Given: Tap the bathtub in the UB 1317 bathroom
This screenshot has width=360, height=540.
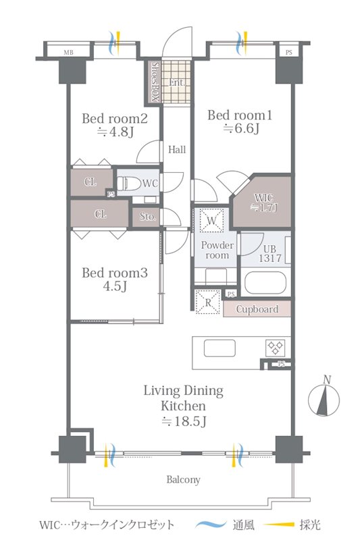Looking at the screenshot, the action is click(x=265, y=283).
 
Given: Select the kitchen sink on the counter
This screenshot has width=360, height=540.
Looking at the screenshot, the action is click(x=220, y=348).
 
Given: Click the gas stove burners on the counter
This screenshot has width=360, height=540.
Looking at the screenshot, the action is click(x=275, y=348).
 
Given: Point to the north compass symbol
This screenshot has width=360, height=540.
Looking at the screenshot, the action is click(x=324, y=400).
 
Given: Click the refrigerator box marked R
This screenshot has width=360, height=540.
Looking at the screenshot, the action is click(x=208, y=302).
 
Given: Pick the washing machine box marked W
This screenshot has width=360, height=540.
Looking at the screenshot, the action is click(x=211, y=221).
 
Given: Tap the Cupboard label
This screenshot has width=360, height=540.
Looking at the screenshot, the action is click(x=257, y=309).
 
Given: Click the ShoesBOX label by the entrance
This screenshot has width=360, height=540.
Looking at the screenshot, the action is click(x=155, y=82).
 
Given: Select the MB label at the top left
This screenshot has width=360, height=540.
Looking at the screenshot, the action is click(x=68, y=53).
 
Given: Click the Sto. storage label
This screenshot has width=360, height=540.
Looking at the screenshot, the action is click(x=147, y=217).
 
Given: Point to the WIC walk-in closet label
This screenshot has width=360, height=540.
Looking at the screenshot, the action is click(x=264, y=198).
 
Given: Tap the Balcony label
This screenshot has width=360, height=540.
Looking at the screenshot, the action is click(x=183, y=479).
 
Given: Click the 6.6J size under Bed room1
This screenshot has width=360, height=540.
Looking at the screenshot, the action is click(x=241, y=129).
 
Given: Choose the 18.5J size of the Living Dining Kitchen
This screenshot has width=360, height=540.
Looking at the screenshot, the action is click(x=184, y=421).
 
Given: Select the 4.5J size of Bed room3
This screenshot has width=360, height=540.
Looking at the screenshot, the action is click(x=115, y=286).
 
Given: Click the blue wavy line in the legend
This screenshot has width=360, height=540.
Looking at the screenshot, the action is click(x=211, y=524).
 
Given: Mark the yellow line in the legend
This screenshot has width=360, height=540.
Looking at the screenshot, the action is click(x=279, y=524).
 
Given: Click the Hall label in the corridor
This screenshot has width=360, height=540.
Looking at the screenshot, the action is click(x=177, y=149).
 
